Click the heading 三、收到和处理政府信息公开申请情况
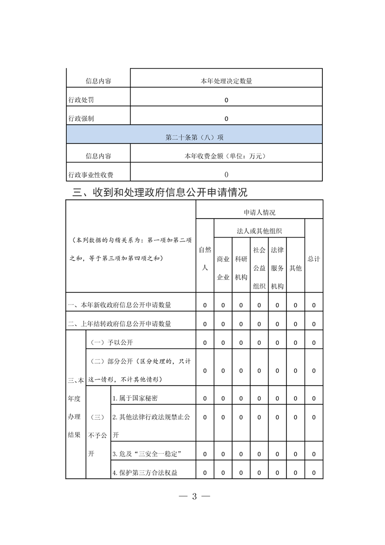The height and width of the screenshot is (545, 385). tap(160, 192)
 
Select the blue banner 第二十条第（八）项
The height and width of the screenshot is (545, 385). tap(194, 137)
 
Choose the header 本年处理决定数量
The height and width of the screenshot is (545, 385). tap(226, 81)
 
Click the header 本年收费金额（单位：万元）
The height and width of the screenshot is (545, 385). tap(226, 156)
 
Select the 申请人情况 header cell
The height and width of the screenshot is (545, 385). tap(259, 212)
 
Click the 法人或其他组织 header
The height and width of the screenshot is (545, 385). tap(259, 231)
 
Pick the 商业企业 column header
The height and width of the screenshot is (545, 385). tap(223, 268)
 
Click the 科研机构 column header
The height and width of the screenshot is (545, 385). tap(241, 268)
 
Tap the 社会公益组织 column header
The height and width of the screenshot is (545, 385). tap(259, 268)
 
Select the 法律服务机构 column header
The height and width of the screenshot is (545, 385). tap(277, 268)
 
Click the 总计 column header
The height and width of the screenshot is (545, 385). tap(314, 259)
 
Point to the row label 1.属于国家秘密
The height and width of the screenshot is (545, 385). tap(135, 398)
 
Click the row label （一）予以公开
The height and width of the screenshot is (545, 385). tap(112, 342)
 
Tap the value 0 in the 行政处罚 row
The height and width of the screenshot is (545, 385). tap(226, 100)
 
